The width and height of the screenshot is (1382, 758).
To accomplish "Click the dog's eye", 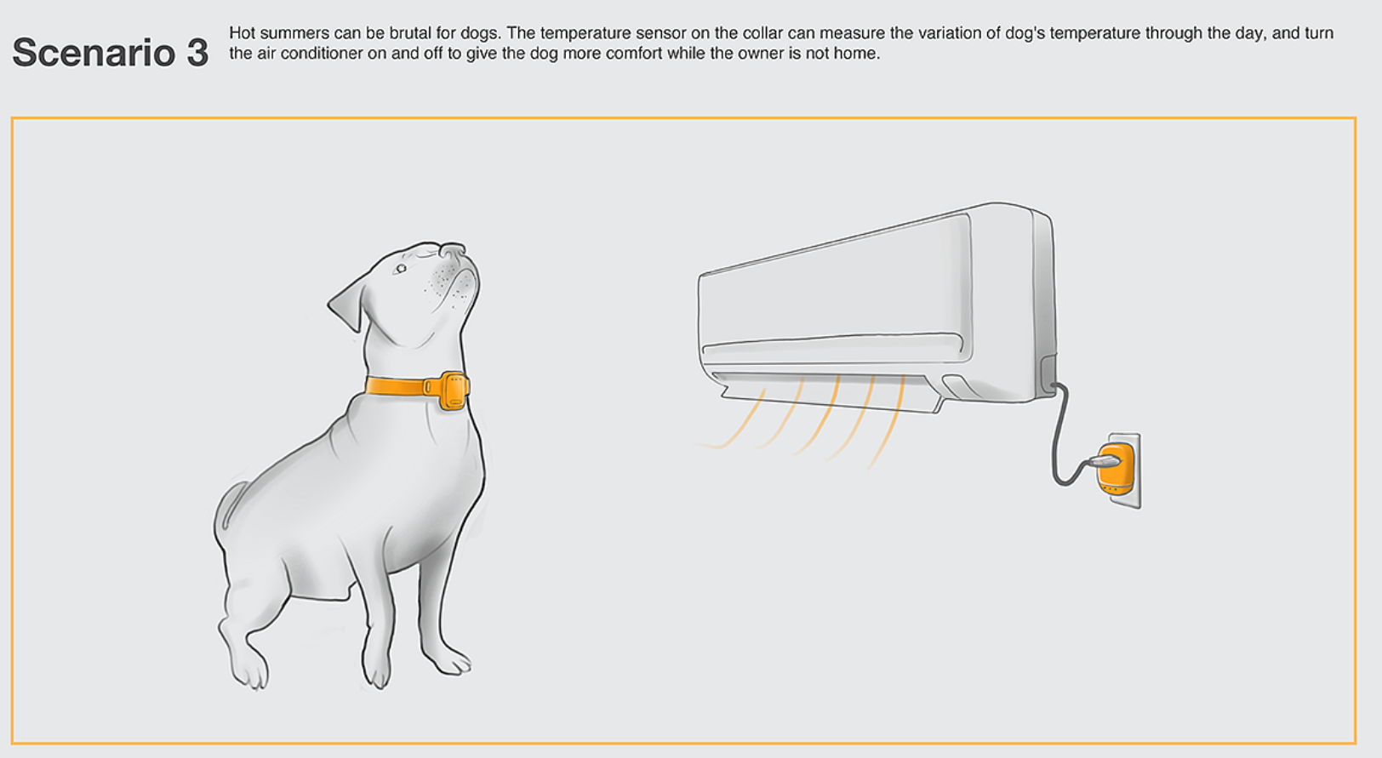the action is click(401, 268).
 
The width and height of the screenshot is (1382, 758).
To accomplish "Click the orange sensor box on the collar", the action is click(454, 391).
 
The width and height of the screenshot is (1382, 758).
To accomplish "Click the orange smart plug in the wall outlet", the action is click(1116, 469).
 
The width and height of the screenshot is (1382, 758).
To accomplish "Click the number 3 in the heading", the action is click(197, 53).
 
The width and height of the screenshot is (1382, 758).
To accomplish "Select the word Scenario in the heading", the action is click(94, 53).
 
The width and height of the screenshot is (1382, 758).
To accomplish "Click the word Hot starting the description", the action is click(242, 32).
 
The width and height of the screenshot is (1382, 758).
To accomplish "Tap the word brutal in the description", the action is click(408, 32).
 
